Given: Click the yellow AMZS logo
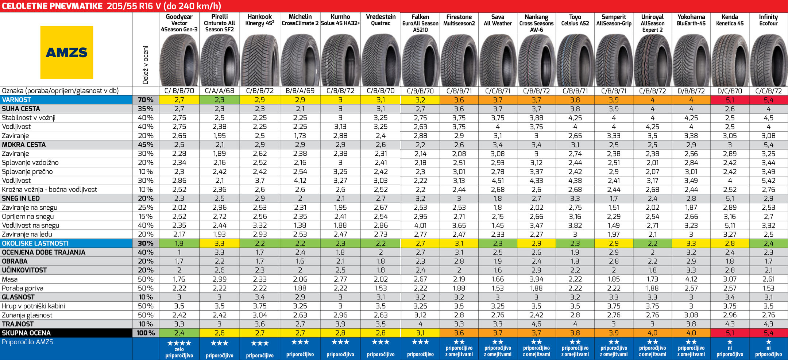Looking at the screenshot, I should (x=67, y=52).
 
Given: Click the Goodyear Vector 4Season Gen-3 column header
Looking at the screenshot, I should (x=179, y=23).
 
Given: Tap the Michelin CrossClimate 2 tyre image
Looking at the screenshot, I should (x=300, y=60).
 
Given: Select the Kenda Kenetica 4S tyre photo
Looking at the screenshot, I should (x=730, y=60).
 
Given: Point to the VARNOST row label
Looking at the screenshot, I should (x=16, y=100).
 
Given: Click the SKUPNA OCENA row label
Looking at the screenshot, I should (x=26, y=333).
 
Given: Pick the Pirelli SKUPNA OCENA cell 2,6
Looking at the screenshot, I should (x=219, y=333).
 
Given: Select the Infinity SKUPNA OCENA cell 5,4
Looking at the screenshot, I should (x=768, y=333).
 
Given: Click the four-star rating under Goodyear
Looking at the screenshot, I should (x=179, y=343).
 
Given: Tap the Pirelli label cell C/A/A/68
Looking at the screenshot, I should (x=219, y=91).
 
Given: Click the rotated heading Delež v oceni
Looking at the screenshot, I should (x=146, y=65).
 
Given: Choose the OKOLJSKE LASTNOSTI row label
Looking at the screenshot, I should (x=35, y=243).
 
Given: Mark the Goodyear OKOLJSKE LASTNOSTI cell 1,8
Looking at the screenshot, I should (x=179, y=243).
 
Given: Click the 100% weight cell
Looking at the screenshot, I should (x=146, y=333).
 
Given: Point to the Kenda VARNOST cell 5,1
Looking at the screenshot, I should (x=730, y=100).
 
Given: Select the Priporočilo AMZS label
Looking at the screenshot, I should (x=27, y=342).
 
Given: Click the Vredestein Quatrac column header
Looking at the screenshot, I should (x=381, y=20).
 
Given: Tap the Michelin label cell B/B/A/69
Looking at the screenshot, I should (x=300, y=91).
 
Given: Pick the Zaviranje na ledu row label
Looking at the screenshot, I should (x=27, y=234).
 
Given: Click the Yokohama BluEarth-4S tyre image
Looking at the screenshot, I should (x=691, y=60).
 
